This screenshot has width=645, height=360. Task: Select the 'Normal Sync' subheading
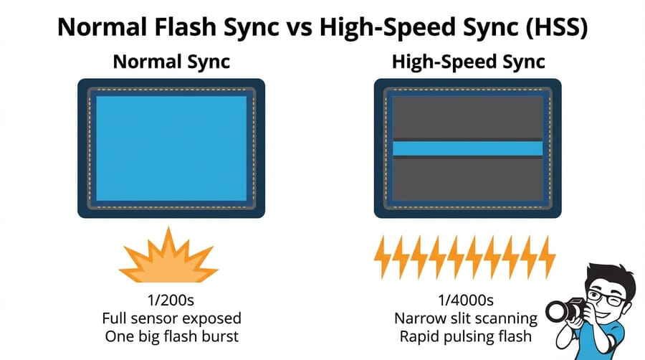click(171, 62)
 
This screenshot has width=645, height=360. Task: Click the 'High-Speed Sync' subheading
click(468, 62)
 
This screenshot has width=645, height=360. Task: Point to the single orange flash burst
click(168, 257)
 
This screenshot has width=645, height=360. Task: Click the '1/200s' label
click(172, 300)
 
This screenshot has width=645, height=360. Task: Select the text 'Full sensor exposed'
click(172, 318)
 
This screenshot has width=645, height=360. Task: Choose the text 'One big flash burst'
click(172, 336)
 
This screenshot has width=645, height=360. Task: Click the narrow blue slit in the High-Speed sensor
click(468, 148)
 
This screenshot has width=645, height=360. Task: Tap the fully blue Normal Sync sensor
click(171, 148)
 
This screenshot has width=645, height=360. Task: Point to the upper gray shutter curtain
click(468, 115)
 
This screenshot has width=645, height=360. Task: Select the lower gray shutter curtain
click(468, 179)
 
